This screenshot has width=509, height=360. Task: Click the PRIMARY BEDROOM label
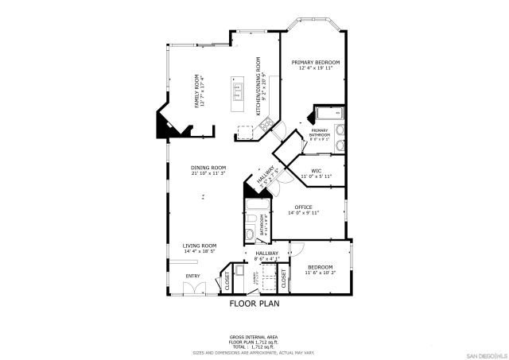(x=315, y=62)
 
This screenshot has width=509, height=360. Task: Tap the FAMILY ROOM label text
(x=197, y=90)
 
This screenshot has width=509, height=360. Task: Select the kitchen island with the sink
(x=237, y=95)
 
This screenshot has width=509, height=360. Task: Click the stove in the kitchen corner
(x=267, y=122)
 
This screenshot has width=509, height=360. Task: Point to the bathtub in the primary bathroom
(x=327, y=113)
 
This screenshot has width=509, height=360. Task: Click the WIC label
(x=316, y=171)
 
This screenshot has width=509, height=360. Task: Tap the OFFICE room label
(x=303, y=207)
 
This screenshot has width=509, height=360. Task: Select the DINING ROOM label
(x=208, y=167)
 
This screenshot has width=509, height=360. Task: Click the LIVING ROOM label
(x=199, y=246)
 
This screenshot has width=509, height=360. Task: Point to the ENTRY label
(x=192, y=276)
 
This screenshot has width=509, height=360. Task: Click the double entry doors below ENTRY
(x=193, y=288)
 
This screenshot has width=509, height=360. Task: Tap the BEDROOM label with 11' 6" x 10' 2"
(x=321, y=267)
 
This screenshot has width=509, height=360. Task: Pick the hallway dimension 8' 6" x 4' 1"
(x=266, y=259)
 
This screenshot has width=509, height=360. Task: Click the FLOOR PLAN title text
(x=254, y=304)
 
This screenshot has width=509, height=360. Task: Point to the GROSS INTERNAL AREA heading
(x=254, y=337)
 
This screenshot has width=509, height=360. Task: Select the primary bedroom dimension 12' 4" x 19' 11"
(x=315, y=68)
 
